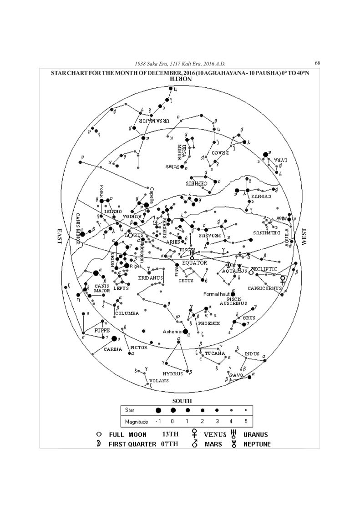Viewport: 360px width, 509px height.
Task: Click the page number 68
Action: (x=317, y=63)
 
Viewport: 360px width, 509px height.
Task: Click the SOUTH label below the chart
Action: (x=182, y=401)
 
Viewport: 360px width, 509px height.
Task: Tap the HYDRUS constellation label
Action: (x=172, y=373)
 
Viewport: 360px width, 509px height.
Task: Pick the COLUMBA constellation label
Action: (x=127, y=313)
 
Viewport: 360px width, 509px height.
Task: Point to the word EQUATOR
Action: (x=194, y=263)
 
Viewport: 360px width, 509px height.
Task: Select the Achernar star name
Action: (x=172, y=332)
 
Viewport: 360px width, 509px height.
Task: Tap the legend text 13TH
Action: (x=170, y=434)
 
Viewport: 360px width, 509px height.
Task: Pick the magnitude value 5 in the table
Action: (x=245, y=422)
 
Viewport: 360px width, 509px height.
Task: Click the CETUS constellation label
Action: (x=186, y=281)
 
